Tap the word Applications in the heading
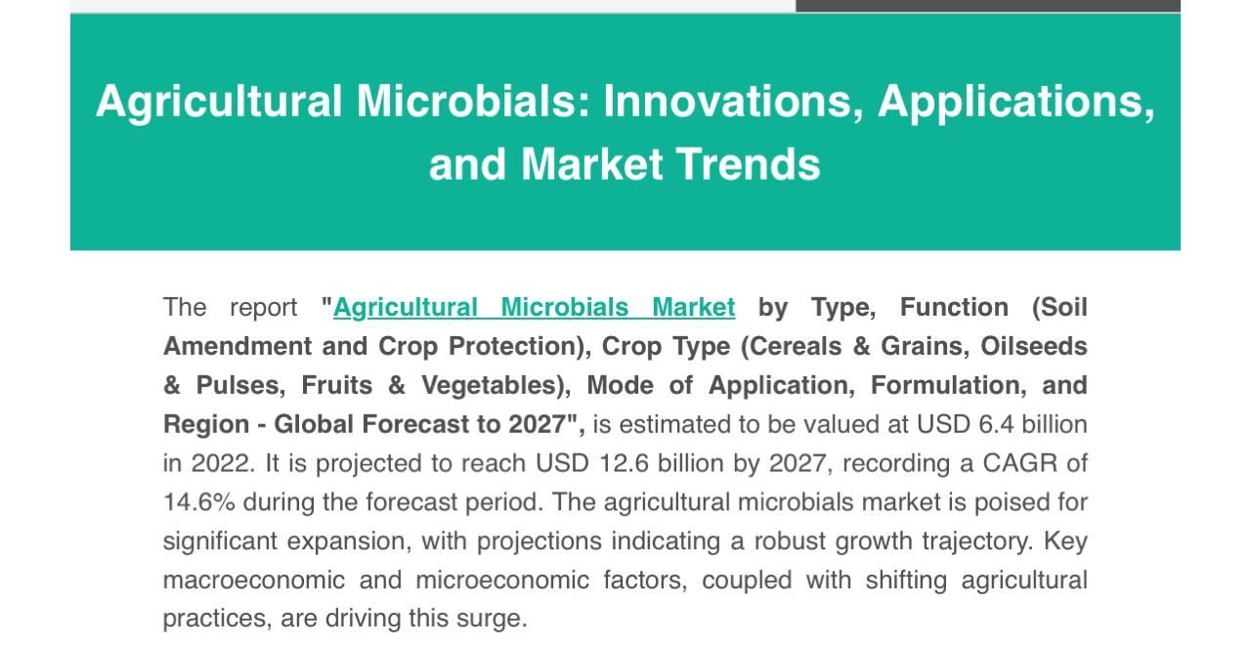1015,101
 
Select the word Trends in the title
749,164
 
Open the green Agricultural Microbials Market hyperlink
534,307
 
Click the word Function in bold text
954,307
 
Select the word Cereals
795,346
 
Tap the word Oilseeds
1034,346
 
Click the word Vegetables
490,385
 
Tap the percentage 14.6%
198,501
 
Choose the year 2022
223,462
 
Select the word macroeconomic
254,580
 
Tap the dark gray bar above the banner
987,6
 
